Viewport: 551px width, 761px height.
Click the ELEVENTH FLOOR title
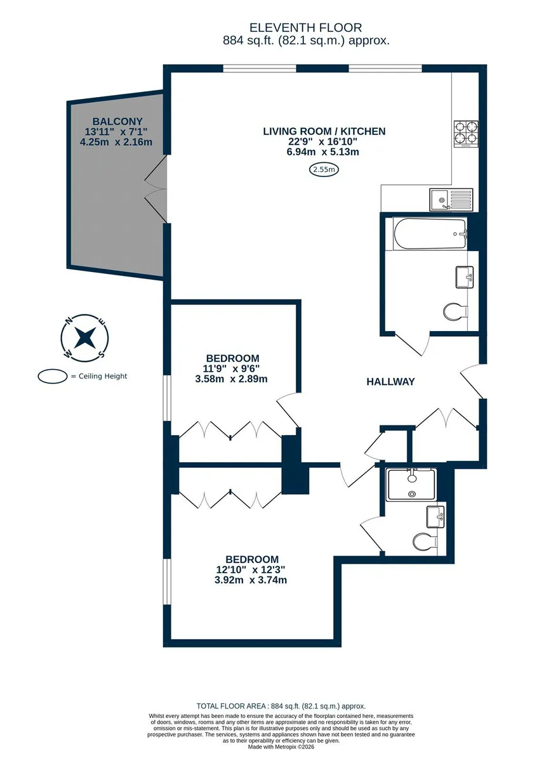coord(305,27)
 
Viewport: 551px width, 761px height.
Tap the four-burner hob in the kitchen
coord(466,134)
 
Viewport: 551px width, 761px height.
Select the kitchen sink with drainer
coord(451,199)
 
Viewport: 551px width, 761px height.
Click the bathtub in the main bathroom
coord(430,234)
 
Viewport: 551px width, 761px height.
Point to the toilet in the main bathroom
coord(456,311)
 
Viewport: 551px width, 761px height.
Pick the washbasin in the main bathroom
coord(464,277)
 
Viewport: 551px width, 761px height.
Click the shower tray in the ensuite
coord(411,485)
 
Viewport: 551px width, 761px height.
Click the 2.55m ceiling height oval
coord(324,169)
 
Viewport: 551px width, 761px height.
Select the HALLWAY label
coord(390,382)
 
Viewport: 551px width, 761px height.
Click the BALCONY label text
coord(117,121)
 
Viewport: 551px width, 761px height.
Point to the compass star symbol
coord(84,337)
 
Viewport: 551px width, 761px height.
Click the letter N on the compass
coord(69,320)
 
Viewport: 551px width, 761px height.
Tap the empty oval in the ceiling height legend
coord(53,377)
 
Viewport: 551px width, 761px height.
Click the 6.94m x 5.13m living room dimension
coord(322,152)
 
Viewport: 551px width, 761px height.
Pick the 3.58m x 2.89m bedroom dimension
coord(231,379)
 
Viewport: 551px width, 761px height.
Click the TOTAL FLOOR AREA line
coord(281,706)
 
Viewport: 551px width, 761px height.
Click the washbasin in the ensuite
coord(435,517)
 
